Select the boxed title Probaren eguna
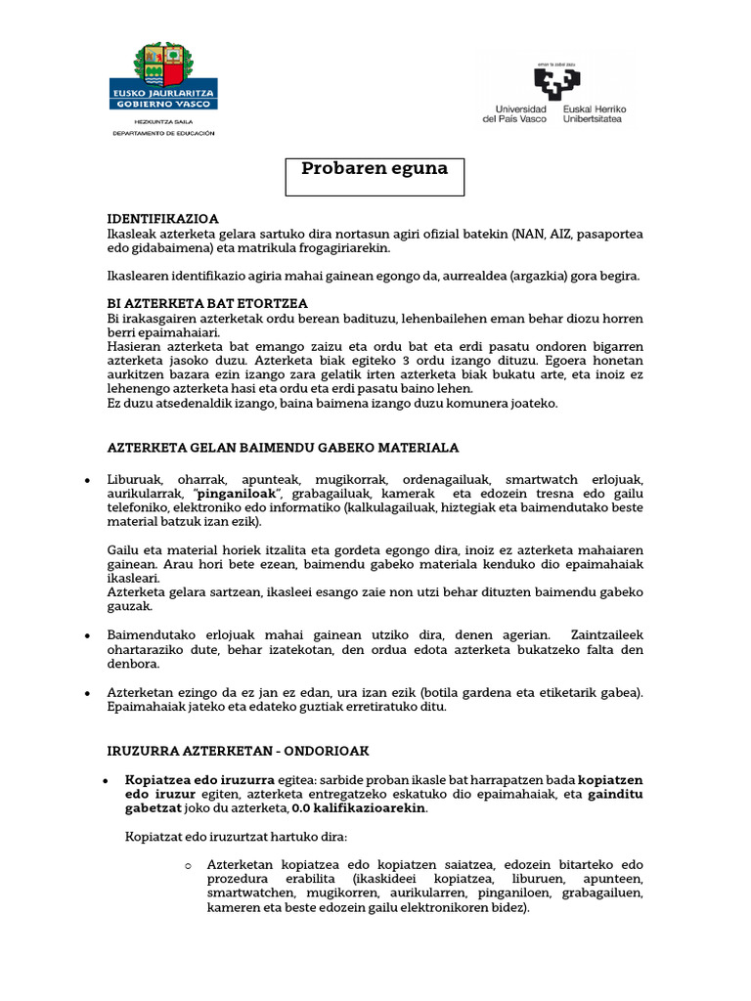(375, 168)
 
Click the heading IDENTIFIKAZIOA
(162, 219)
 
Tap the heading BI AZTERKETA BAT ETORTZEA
(207, 304)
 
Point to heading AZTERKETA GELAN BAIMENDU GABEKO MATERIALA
(283, 448)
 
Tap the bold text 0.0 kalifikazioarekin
(359, 809)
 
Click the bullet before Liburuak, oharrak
(88, 481)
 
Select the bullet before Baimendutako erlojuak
(88, 635)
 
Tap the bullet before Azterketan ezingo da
(88, 693)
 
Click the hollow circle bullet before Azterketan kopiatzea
(188, 866)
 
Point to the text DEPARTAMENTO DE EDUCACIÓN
(163, 133)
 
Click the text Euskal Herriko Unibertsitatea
(595, 113)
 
